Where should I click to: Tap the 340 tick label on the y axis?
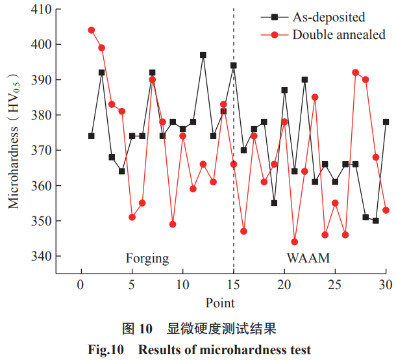(x=43, y=256)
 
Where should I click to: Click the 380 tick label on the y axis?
(x=43, y=115)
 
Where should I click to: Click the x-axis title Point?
(x=220, y=303)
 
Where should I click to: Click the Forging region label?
(x=147, y=259)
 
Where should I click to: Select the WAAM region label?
(x=308, y=259)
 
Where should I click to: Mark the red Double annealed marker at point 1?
(x=92, y=30)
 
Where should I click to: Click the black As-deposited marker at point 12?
(x=203, y=55)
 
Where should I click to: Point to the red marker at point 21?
(x=295, y=242)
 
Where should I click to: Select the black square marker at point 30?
(x=386, y=122)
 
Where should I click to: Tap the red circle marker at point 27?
(x=356, y=72)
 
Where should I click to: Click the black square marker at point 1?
(x=92, y=136)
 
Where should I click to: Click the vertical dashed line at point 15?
(x=234, y=195)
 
